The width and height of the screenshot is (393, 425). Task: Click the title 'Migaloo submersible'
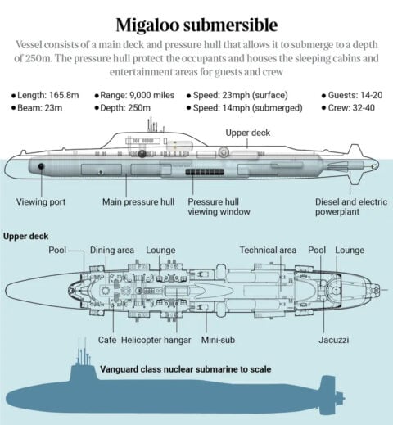196,24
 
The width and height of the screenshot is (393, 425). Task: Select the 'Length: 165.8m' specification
46,96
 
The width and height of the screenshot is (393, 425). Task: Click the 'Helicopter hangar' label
156,339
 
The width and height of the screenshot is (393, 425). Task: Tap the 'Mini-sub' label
219,339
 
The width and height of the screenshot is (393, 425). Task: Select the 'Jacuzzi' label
328,339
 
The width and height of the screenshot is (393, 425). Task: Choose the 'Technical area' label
268,250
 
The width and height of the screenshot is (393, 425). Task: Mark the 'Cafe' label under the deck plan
106,339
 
